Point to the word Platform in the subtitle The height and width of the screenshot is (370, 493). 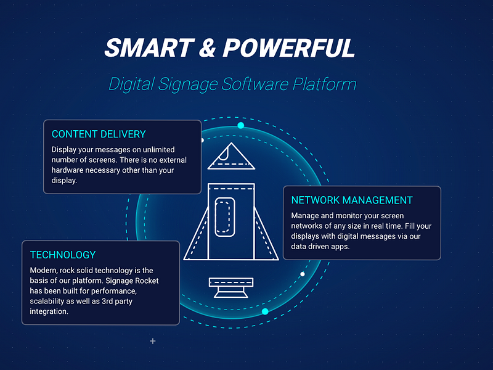pyautogui.click(x=325, y=84)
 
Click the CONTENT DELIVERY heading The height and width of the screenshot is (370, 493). pyautogui.click(x=99, y=134)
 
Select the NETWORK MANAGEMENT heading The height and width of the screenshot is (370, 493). pyautogui.click(x=352, y=200)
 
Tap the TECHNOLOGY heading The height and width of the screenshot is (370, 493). pyautogui.click(x=63, y=255)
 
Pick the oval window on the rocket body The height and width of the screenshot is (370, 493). pyautogui.click(x=226, y=216)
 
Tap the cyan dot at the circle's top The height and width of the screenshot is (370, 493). pyautogui.click(x=241, y=125)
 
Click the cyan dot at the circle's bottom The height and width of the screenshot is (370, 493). pyautogui.click(x=265, y=311)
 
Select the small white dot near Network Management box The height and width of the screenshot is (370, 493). pyautogui.click(x=302, y=274)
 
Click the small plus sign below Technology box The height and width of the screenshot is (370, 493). pyautogui.click(x=153, y=341)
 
